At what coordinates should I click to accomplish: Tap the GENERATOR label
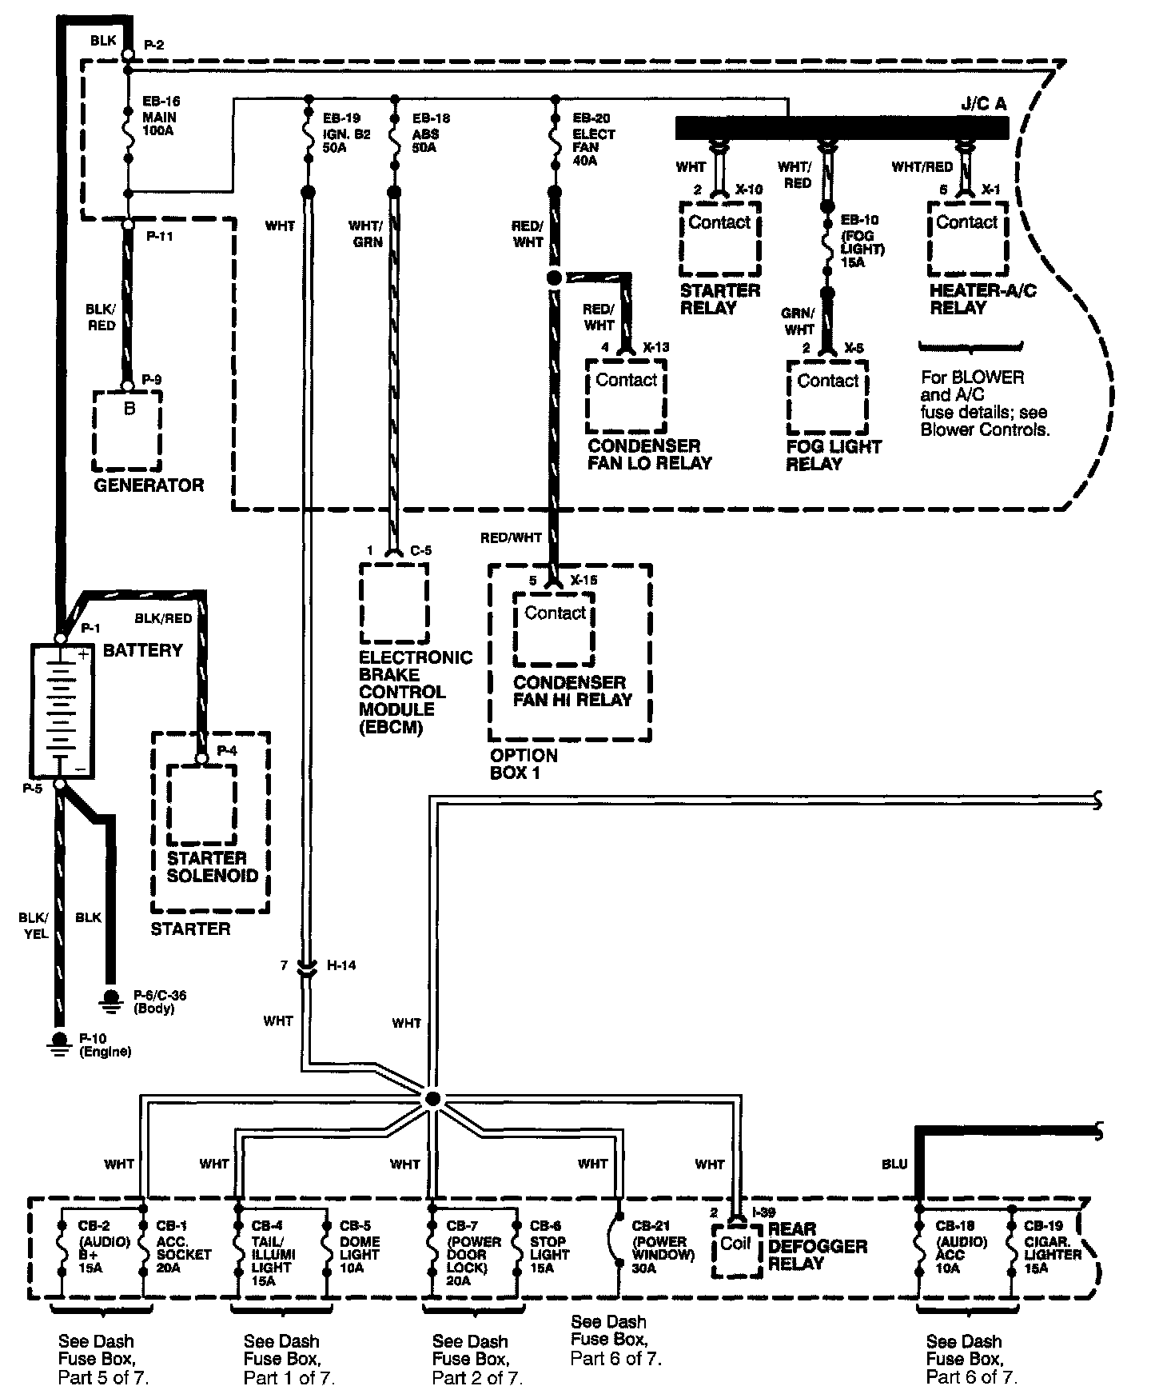coord(149,485)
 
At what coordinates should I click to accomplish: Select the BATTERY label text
coord(143,650)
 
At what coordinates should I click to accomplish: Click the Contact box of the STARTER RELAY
coord(719,238)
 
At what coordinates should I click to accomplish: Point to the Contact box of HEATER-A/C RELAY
coord(967,238)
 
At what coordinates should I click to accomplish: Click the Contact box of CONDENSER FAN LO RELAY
coord(626,395)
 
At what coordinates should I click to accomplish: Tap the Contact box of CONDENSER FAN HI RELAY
coord(555,629)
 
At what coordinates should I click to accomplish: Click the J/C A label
coord(984,104)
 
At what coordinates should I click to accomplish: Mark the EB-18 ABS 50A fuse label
coord(432,133)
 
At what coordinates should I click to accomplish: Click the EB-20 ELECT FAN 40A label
coord(594,139)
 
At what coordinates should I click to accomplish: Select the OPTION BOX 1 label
coord(524,764)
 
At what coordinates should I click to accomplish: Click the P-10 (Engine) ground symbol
coord(58,1041)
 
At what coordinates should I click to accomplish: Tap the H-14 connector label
coord(341,965)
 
